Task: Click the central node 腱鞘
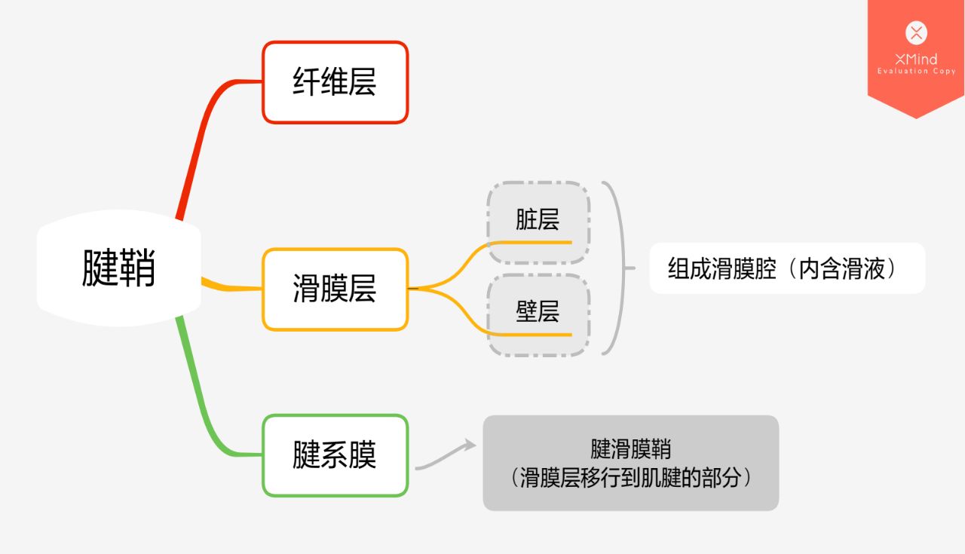(118, 268)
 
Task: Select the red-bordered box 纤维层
(335, 82)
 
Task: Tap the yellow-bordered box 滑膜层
(335, 289)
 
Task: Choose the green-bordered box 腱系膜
(335, 455)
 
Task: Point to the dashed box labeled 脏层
(538, 221)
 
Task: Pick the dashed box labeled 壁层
(538, 313)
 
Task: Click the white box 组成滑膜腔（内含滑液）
(786, 268)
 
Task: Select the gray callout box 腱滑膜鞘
(630, 462)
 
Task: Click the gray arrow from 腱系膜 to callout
(446, 456)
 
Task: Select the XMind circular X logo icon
(916, 32)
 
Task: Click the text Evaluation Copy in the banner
(916, 72)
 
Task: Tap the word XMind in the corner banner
(916, 59)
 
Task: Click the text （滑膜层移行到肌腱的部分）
(630, 478)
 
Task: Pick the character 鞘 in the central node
(137, 268)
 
